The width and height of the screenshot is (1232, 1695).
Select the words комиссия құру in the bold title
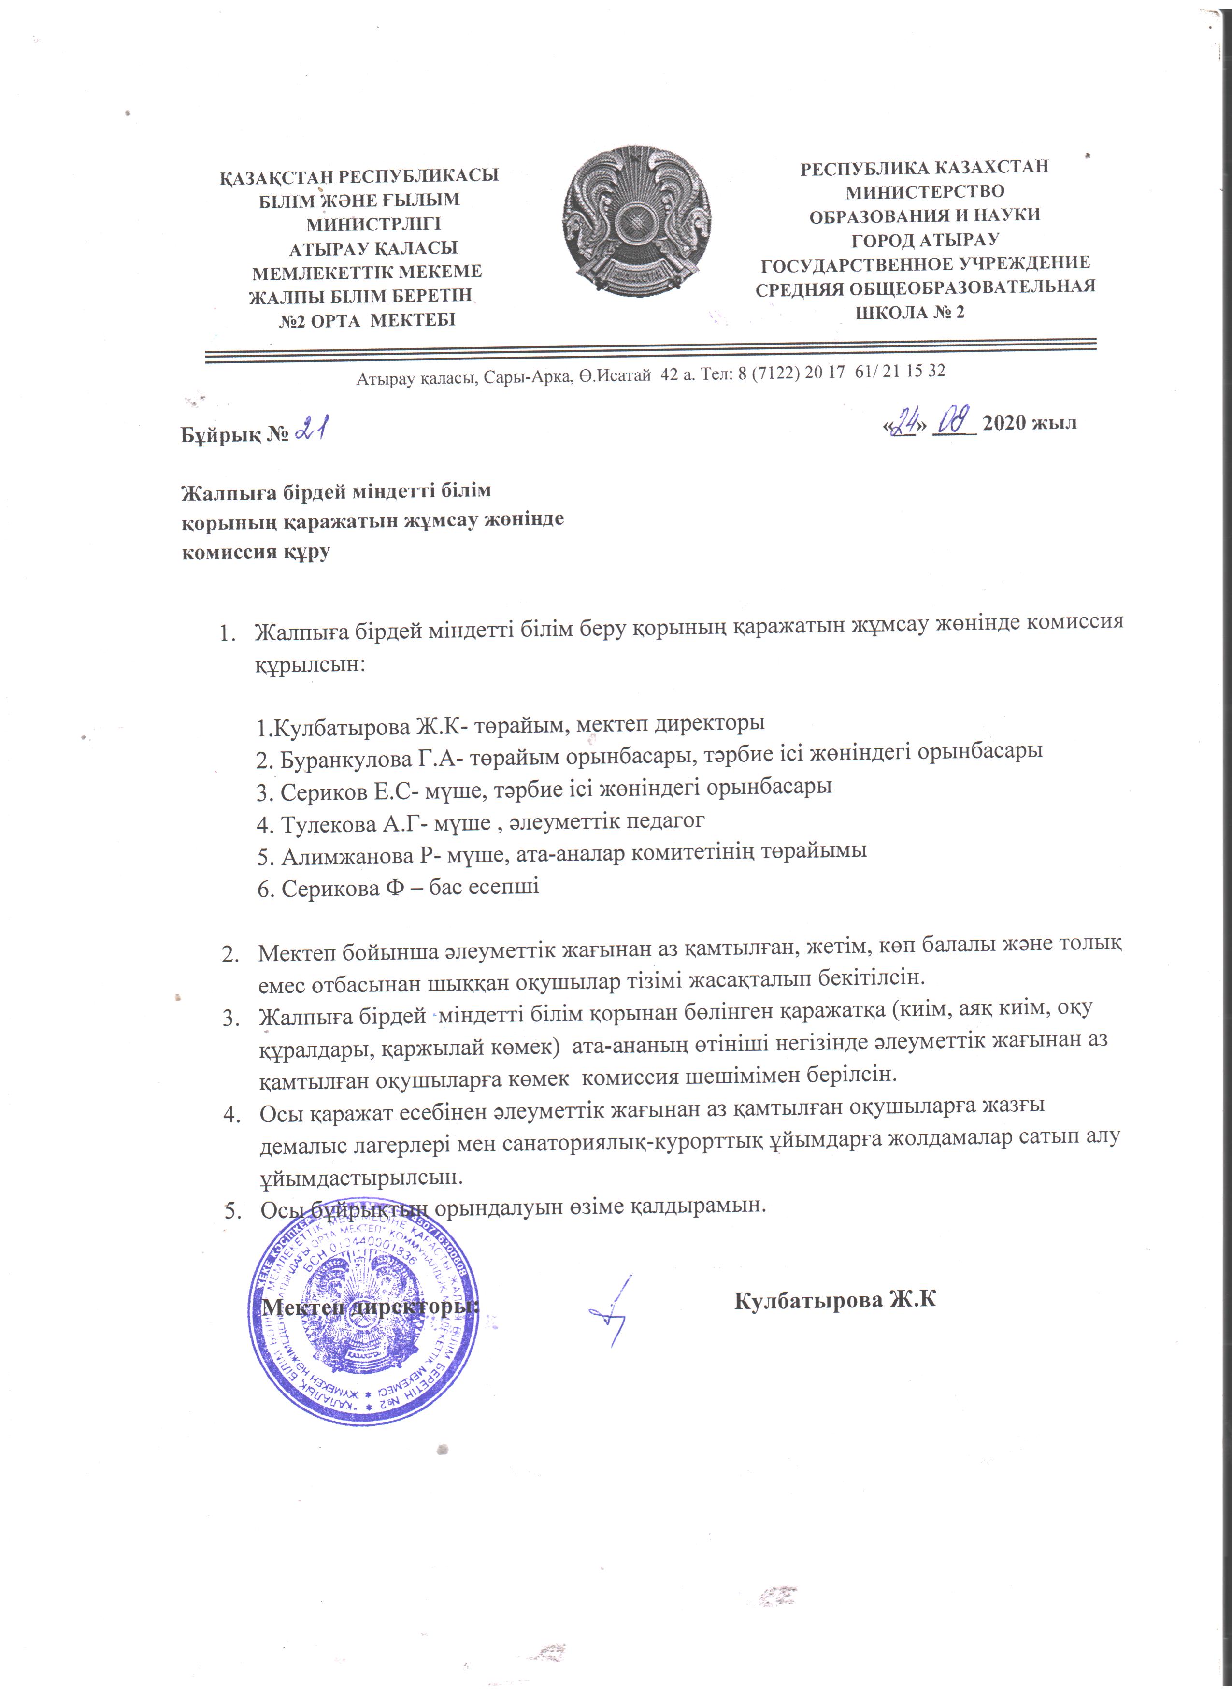256,553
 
